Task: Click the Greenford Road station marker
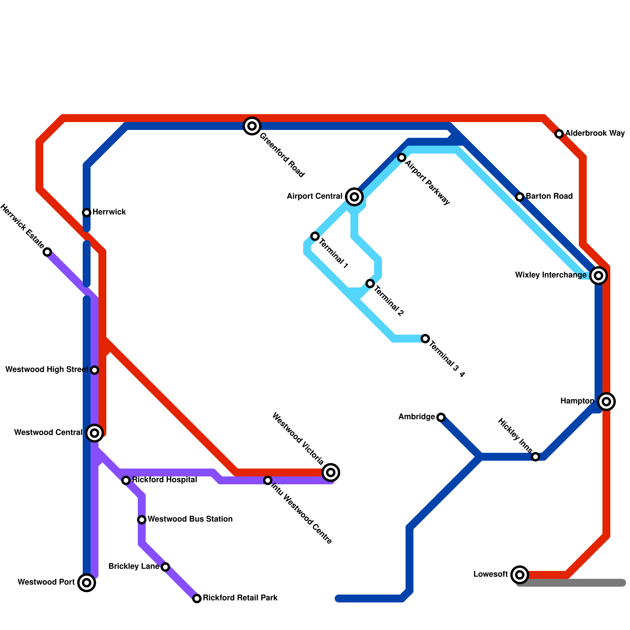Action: [x=252, y=126]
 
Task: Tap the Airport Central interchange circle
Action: [x=354, y=197]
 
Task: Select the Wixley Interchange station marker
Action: [x=598, y=276]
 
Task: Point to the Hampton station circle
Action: [x=606, y=402]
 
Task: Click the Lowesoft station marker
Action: [x=520, y=575]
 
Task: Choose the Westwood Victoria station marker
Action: [x=331, y=472]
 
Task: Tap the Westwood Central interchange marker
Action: [x=94, y=433]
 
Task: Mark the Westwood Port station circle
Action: [x=87, y=583]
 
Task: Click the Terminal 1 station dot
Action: [x=315, y=236]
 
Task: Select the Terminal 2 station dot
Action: [x=370, y=283]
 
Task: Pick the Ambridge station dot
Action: [x=441, y=417]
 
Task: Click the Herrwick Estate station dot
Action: [x=47, y=252]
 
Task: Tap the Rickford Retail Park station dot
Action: [x=197, y=598]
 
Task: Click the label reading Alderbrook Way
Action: [x=595, y=133]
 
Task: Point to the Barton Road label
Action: [x=549, y=196]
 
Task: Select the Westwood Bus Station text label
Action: [x=190, y=519]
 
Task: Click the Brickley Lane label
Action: [x=133, y=567]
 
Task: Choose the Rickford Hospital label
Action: [x=164, y=480]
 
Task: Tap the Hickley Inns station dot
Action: [x=535, y=457]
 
